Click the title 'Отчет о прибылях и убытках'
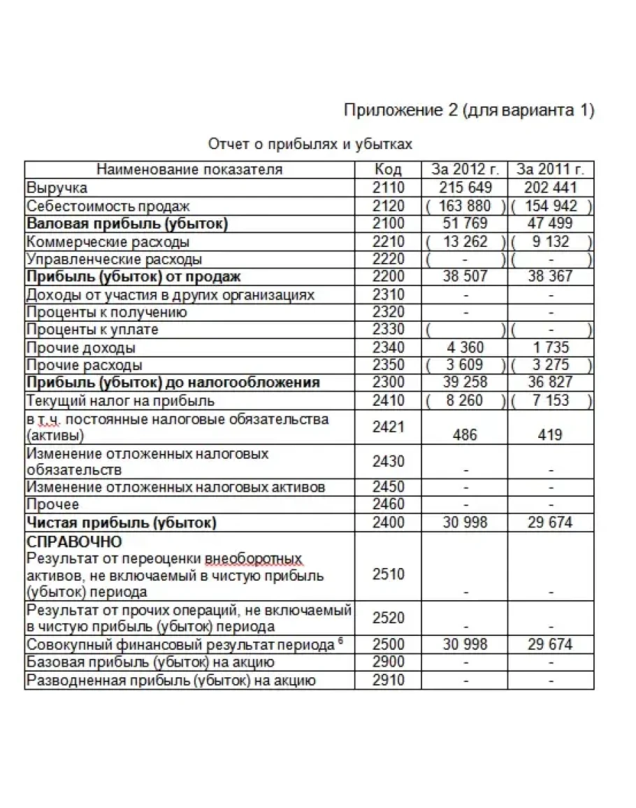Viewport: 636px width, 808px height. tap(310, 145)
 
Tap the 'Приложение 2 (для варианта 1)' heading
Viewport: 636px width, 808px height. tap(469, 111)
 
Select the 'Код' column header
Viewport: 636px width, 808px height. tap(388, 170)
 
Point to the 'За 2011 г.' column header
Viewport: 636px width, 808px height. tap(550, 170)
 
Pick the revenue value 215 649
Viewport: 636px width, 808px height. tap(465, 188)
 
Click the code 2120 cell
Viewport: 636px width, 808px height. tap(388, 206)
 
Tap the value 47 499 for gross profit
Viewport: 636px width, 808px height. tap(550, 224)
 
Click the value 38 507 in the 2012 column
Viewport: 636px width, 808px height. tap(465, 276)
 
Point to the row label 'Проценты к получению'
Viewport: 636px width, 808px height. tap(106, 312)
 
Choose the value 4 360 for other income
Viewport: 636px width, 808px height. tap(465, 348)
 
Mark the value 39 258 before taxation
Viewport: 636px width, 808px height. tap(465, 383)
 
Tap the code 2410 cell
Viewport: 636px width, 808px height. tap(388, 401)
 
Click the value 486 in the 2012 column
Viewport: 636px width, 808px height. tap(465, 435)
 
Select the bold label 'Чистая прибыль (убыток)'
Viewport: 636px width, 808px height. tap(121, 523)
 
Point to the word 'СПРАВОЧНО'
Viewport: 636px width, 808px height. tap(73, 541)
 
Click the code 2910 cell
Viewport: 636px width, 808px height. tap(388, 680)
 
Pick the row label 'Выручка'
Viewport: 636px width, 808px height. tap(57, 188)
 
